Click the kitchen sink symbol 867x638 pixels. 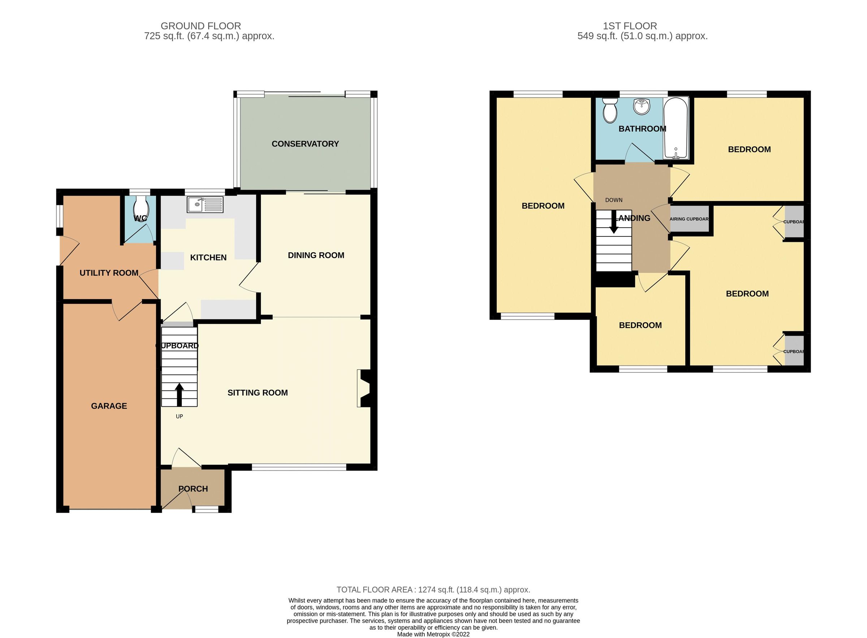pyautogui.click(x=205, y=204)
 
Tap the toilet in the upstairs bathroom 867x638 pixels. pyautogui.click(x=609, y=110)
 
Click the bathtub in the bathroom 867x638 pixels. pyautogui.click(x=675, y=128)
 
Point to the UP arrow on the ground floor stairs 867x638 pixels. pyautogui.click(x=179, y=394)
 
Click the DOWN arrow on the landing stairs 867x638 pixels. pyautogui.click(x=613, y=224)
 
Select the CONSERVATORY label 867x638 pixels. pyautogui.click(x=305, y=144)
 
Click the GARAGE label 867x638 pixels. pyautogui.click(x=109, y=406)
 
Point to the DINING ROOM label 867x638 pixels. pyautogui.click(x=316, y=255)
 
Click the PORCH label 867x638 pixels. pyautogui.click(x=193, y=489)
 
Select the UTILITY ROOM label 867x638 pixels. pyautogui.click(x=109, y=273)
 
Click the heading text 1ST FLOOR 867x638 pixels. pyautogui.click(x=630, y=26)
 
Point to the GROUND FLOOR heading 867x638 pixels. pyautogui.click(x=200, y=26)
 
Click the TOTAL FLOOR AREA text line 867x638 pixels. pyautogui.click(x=433, y=590)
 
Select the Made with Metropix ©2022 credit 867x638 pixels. pyautogui.click(x=433, y=634)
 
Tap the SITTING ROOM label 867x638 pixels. pyautogui.click(x=258, y=393)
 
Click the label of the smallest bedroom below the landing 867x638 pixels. pyautogui.click(x=640, y=325)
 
